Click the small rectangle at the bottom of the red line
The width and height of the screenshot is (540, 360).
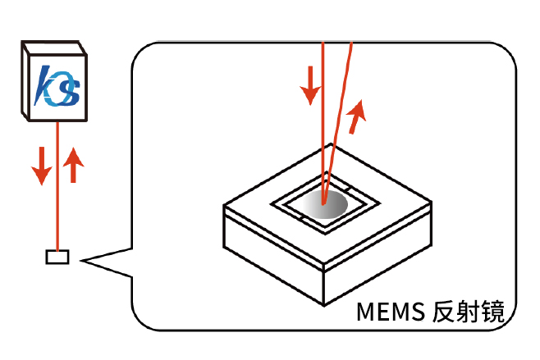(58, 257)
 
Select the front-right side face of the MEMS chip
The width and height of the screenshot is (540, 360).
(378, 262)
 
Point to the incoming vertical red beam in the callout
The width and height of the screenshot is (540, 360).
(323, 123)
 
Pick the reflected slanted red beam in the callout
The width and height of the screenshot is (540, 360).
(341, 123)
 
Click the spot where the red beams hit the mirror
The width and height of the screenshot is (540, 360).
(325, 201)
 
